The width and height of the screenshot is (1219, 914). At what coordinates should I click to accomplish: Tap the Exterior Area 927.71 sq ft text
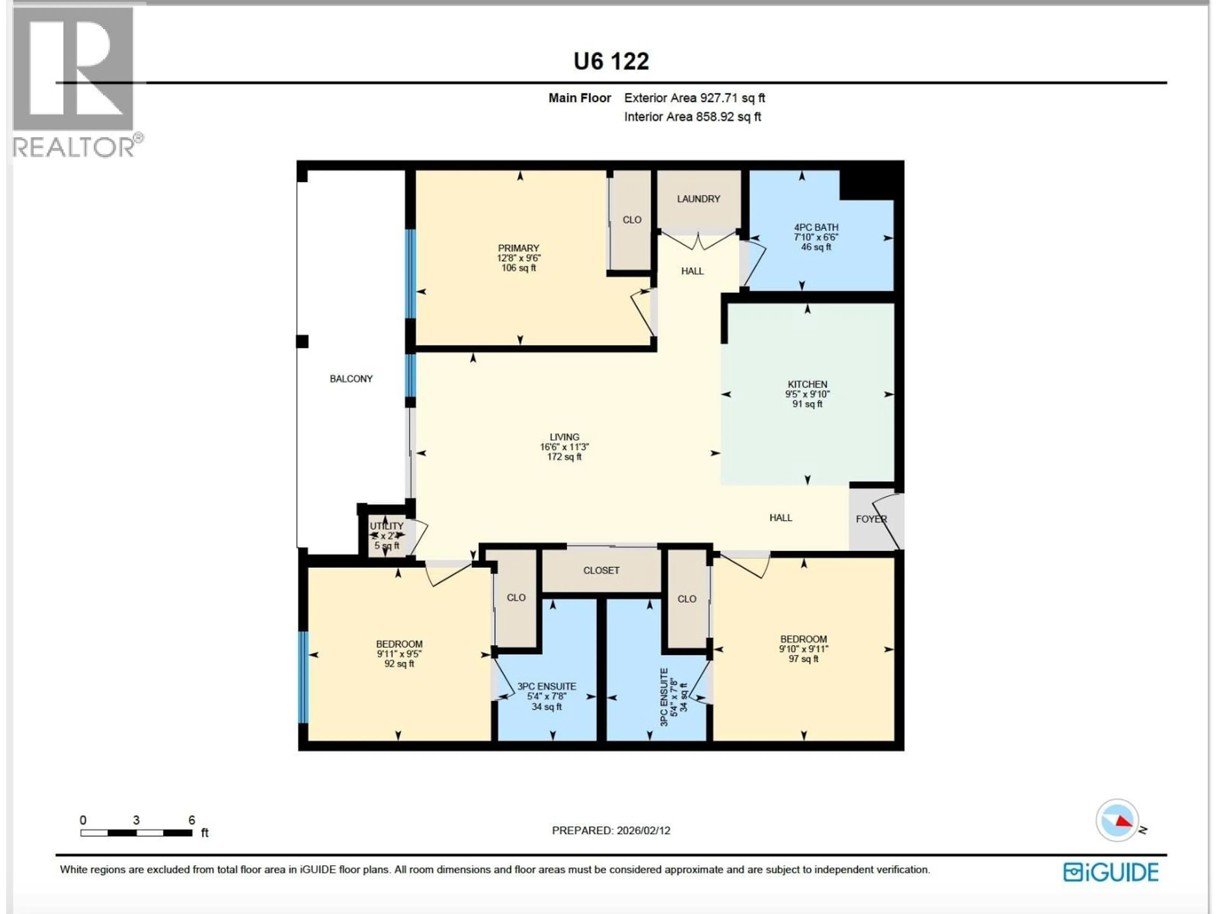694,98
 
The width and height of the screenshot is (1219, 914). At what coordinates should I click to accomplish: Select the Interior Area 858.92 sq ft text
692,117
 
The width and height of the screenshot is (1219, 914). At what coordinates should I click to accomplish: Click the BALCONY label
351,379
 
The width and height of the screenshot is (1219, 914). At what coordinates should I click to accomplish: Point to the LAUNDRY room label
698,199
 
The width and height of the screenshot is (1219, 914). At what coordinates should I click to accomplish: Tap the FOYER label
871,519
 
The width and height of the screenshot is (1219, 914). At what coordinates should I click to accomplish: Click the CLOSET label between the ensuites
601,571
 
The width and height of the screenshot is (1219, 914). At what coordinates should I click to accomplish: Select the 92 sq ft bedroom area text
399,664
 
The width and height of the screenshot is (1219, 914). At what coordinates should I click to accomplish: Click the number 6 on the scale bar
192,820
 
